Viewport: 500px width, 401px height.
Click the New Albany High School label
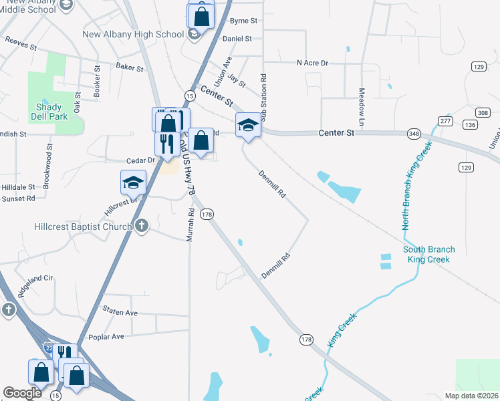click(133, 34)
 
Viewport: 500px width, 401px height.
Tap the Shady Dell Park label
click(49, 112)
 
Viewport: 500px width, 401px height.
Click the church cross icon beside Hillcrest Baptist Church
click(141, 226)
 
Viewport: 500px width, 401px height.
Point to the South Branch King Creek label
click(429, 254)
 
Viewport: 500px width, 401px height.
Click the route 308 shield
click(483, 113)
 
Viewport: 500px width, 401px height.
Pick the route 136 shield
click(471, 125)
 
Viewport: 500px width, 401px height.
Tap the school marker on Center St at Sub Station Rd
click(248, 125)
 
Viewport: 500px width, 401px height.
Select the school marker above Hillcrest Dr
click(133, 182)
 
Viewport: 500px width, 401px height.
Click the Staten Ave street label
click(120, 312)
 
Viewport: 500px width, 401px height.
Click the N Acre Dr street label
click(313, 63)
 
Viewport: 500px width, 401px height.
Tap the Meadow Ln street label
click(361, 108)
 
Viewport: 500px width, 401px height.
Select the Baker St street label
click(130, 68)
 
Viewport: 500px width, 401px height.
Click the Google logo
click(23, 393)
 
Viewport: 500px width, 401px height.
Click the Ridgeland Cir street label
click(35, 286)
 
